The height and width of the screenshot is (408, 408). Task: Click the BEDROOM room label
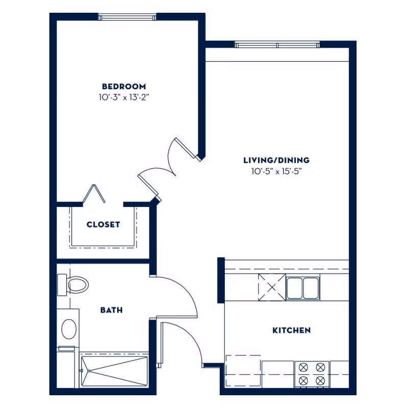pyautogui.click(x=123, y=87)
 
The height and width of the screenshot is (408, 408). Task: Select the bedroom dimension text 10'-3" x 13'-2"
pyautogui.click(x=123, y=97)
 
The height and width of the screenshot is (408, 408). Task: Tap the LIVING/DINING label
pyautogui.click(x=276, y=160)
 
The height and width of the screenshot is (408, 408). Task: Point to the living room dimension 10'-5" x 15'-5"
pyautogui.click(x=276, y=171)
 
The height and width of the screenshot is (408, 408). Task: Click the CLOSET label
pyautogui.click(x=103, y=224)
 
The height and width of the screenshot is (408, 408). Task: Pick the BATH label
pyautogui.click(x=111, y=310)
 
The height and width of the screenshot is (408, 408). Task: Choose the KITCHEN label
pyautogui.click(x=291, y=330)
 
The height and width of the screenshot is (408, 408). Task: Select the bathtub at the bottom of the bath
pyautogui.click(x=114, y=370)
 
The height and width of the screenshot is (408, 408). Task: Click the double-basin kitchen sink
pyautogui.click(x=302, y=287)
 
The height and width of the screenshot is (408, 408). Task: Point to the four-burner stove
pyautogui.click(x=312, y=374)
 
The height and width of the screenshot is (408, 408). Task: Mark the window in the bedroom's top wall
pyautogui.click(x=127, y=18)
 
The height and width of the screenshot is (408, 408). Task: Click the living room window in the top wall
pyautogui.click(x=277, y=45)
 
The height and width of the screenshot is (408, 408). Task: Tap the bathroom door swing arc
pyautogui.click(x=178, y=296)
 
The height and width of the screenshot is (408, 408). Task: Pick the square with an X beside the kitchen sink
pyautogui.click(x=270, y=287)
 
